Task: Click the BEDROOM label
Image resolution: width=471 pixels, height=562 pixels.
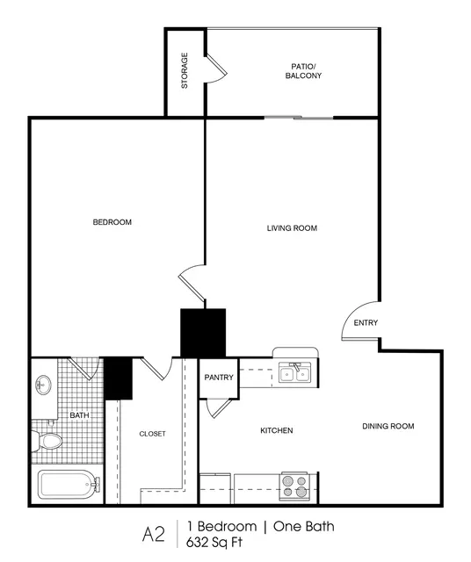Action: point(112,222)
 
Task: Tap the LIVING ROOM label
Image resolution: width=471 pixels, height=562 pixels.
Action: point(292,228)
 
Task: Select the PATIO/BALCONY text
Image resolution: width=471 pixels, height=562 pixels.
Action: point(303,71)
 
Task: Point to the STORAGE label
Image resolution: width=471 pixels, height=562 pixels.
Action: point(185,70)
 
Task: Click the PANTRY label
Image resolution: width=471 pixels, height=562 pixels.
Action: point(219,378)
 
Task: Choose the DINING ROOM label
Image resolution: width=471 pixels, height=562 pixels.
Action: point(388,426)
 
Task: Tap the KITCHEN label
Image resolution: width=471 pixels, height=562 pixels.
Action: point(277,430)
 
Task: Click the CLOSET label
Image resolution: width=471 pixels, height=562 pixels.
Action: point(152,434)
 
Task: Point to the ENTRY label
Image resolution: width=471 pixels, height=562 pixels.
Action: point(366,323)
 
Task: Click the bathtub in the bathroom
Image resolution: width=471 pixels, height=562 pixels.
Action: point(69,485)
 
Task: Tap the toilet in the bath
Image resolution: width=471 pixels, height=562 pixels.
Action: point(47,441)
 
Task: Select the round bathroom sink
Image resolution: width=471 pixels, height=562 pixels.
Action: point(43,385)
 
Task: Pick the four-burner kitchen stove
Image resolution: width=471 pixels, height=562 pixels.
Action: point(294,486)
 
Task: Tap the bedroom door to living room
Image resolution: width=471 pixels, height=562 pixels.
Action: point(192,283)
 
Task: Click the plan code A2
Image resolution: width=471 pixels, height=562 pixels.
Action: point(154,535)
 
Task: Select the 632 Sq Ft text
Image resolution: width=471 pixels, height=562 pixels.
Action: point(214,542)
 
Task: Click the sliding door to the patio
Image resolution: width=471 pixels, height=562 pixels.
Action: point(299,118)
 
